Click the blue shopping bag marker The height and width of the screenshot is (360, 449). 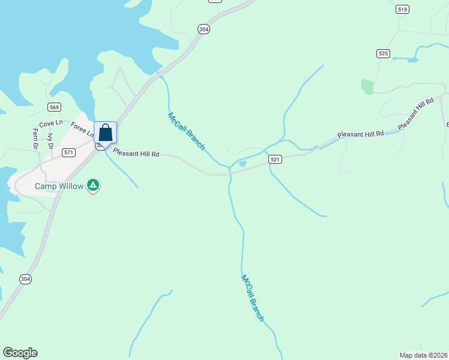(x=105, y=133)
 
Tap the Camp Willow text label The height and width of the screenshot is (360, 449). (x=59, y=186)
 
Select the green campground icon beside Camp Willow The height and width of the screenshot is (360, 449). (x=93, y=185)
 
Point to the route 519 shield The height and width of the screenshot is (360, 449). (x=402, y=9)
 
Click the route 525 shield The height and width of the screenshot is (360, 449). (x=383, y=53)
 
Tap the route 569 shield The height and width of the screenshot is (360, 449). (x=55, y=107)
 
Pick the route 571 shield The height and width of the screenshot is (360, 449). (x=69, y=152)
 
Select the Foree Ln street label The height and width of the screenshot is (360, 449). (x=81, y=128)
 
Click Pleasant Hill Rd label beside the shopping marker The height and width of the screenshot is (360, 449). (x=136, y=154)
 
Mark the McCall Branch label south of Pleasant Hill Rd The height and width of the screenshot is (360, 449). (x=252, y=298)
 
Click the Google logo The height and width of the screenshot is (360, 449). (x=20, y=353)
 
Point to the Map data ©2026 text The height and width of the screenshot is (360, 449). (x=423, y=355)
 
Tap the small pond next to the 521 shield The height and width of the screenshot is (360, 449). (x=243, y=163)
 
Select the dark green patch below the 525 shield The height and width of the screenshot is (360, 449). (x=367, y=86)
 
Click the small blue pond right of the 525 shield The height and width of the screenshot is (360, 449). (x=412, y=59)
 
